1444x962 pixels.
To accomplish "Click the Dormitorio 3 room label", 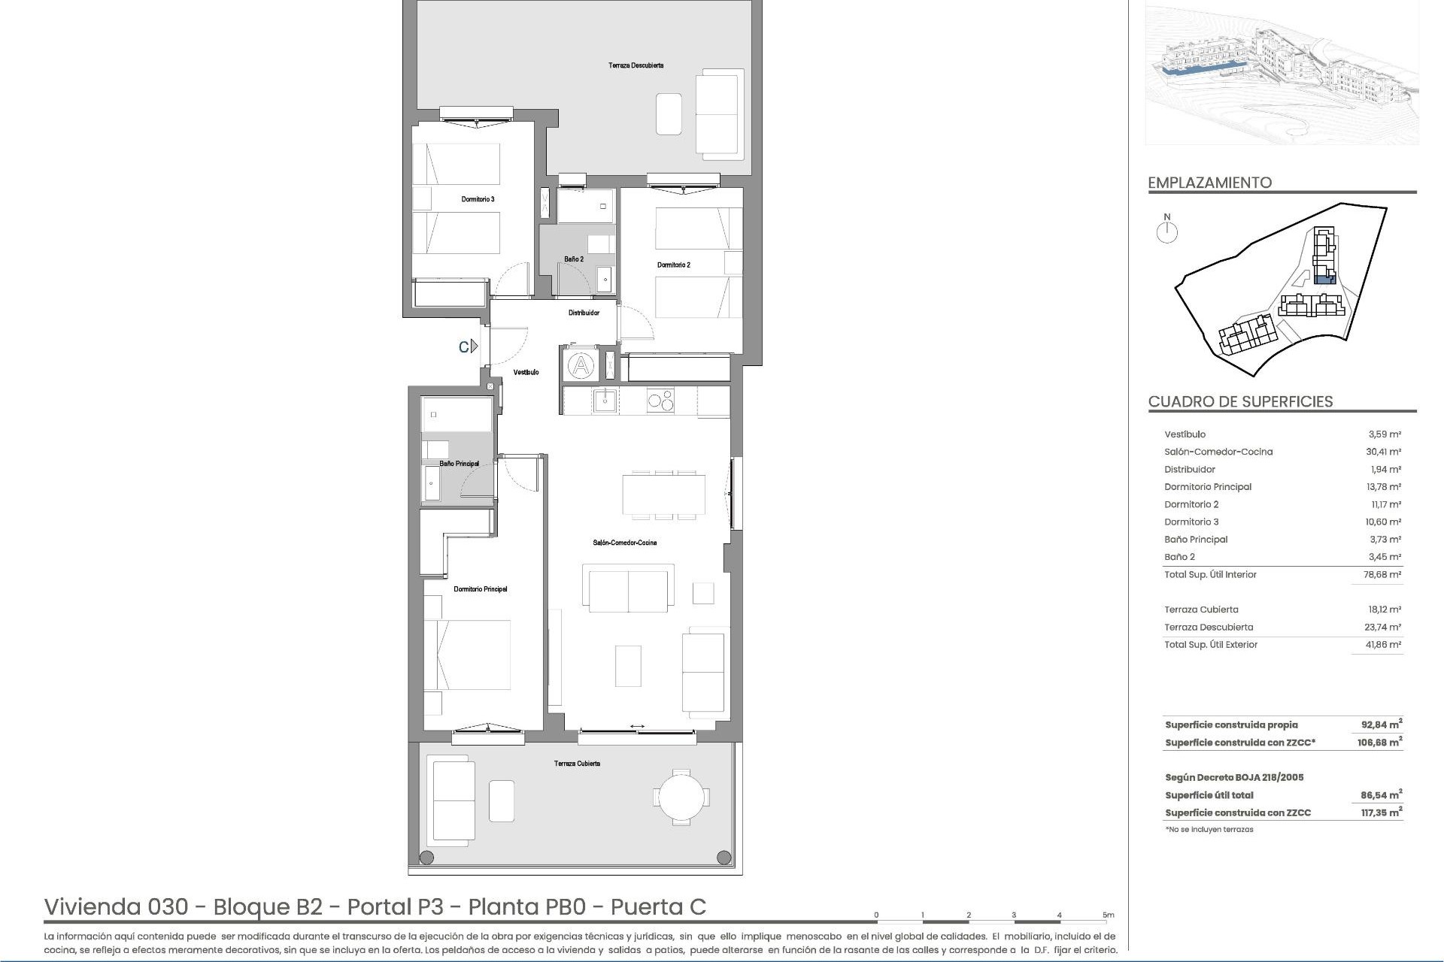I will click(x=478, y=199).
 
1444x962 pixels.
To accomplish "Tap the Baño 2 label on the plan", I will click(x=574, y=259).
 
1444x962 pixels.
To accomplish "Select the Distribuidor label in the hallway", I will click(x=584, y=313).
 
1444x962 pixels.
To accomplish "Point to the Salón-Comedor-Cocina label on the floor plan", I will click(x=624, y=543).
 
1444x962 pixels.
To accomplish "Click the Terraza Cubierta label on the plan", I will click(x=577, y=764).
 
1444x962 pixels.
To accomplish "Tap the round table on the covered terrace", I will click(x=681, y=796).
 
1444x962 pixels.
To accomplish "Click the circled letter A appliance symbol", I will click(x=581, y=366).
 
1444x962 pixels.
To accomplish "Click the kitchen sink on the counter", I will click(x=605, y=400).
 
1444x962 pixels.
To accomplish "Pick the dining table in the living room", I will click(x=663, y=494).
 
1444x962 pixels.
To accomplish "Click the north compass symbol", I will click(x=1167, y=232).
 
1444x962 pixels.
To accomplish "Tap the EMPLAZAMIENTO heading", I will click(x=1209, y=183).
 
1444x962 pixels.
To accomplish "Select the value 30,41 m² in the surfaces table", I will click(x=1384, y=452).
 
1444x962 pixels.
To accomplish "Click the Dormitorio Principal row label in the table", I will click(x=1208, y=487).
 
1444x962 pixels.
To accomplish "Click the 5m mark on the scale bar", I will click(x=1108, y=915).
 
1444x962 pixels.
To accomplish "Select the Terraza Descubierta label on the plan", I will click(x=636, y=65).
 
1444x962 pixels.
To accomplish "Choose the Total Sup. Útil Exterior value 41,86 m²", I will click(x=1384, y=644).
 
